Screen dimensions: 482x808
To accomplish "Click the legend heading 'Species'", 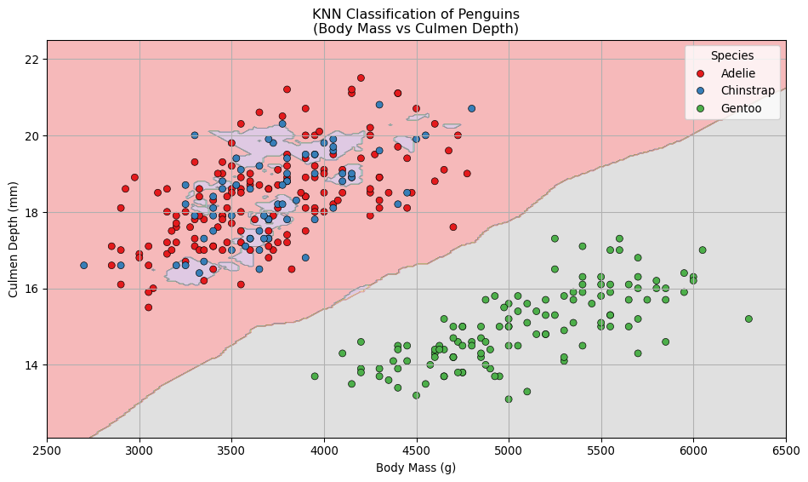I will (x=732, y=55).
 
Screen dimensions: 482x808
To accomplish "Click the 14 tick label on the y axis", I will (x=31, y=365).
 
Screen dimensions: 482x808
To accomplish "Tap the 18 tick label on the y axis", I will (x=31, y=212).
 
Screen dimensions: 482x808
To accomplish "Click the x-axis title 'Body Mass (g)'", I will (x=416, y=468).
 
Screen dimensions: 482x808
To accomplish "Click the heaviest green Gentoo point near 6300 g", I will (x=748, y=319).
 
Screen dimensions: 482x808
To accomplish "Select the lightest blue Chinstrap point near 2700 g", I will (x=84, y=266).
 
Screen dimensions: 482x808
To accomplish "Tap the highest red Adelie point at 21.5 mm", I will (x=361, y=78).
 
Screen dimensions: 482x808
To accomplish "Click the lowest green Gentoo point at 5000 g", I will (x=509, y=399).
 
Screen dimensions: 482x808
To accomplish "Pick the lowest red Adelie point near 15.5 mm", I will (x=148, y=307).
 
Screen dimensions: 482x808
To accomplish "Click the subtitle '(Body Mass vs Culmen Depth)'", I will (x=416, y=29).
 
